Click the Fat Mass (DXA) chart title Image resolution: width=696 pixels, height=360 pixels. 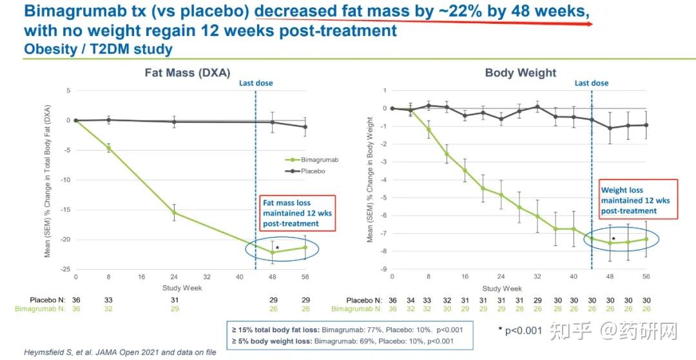pyautogui.click(x=187, y=73)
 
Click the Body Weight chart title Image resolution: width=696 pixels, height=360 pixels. pyautogui.click(x=520, y=73)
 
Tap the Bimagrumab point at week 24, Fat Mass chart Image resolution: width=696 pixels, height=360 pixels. pyautogui.click(x=173, y=213)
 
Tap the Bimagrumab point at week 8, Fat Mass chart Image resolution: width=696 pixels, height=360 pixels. pyautogui.click(x=108, y=148)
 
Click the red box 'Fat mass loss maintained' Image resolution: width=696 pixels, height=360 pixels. pyautogui.click(x=290, y=213)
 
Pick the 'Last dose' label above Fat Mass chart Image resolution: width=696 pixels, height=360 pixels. pyautogui.click(x=256, y=83)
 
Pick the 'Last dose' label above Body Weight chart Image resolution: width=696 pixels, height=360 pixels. pyautogui.click(x=591, y=83)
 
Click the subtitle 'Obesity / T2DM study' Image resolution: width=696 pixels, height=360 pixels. pyautogui.click(x=97, y=48)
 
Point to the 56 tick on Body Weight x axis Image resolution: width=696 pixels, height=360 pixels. pyautogui.click(x=646, y=278)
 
